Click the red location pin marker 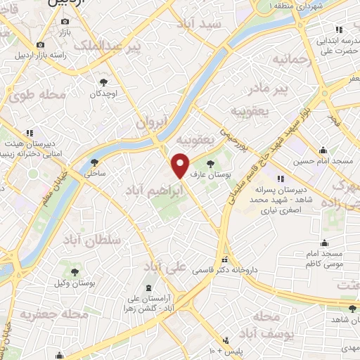click(181, 165)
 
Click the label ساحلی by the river click(95, 171)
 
